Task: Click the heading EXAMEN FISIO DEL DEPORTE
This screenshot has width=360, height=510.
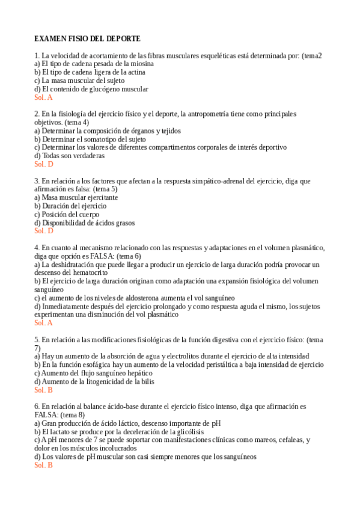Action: tap(87, 38)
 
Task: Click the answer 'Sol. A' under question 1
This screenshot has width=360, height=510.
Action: tap(43, 97)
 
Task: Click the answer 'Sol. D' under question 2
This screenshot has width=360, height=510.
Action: tap(44, 164)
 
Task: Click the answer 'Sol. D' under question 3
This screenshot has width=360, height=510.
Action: tap(44, 230)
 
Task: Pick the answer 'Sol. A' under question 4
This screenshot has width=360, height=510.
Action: tap(43, 322)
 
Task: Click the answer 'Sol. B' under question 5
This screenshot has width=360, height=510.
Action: tap(43, 390)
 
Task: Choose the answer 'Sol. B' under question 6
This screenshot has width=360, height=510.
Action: tap(43, 465)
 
